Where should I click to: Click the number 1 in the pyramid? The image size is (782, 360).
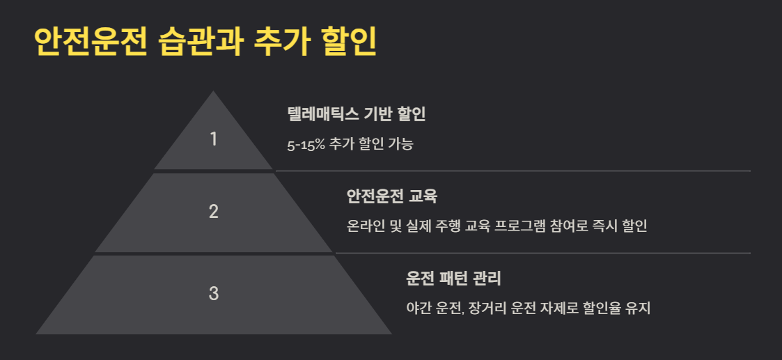pyautogui.click(x=214, y=139)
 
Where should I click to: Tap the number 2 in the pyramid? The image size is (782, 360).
pyautogui.click(x=214, y=212)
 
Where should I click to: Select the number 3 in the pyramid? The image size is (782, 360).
pyautogui.click(x=214, y=294)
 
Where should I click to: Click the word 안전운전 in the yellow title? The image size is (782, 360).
pyautogui.click(x=90, y=42)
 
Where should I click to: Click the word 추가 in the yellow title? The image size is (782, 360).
pyautogui.click(x=281, y=42)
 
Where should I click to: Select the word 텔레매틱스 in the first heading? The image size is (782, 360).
pyautogui.click(x=320, y=114)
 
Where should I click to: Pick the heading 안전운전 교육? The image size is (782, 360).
pyautogui.click(x=391, y=196)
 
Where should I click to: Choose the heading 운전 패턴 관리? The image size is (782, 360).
pyautogui.click(x=453, y=279)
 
